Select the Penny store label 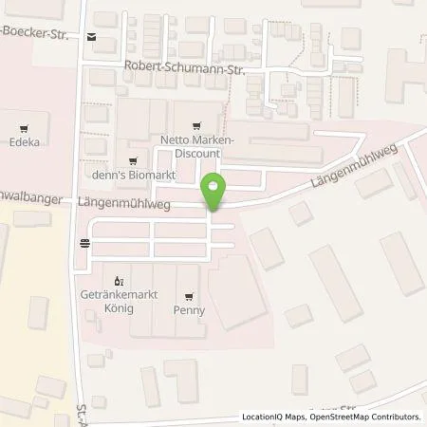pos(190,309)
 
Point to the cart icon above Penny pos(190,295)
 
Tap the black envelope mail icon pos(91,38)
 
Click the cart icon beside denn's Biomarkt pos(132,160)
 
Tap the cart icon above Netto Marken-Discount pos(195,122)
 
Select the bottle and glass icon pos(119,281)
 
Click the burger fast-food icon pos(85,243)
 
